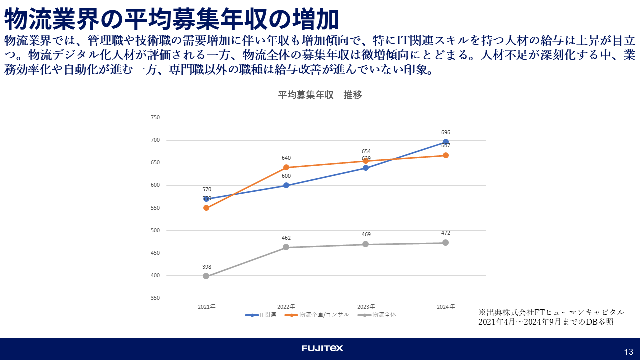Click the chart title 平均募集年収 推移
(x=320, y=95)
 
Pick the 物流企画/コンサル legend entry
(x=317, y=315)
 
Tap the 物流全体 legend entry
(x=379, y=315)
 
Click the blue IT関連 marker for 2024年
(x=445, y=142)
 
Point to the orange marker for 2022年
(x=286, y=167)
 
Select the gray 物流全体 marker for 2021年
(x=206, y=276)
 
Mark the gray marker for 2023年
(x=366, y=244)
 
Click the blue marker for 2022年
(x=286, y=185)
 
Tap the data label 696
(x=446, y=132)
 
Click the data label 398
(x=206, y=267)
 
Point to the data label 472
(x=446, y=233)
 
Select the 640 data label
(x=286, y=158)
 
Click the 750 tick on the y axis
(x=155, y=118)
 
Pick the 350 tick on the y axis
(x=155, y=298)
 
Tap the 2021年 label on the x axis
(x=206, y=306)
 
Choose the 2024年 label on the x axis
(x=446, y=306)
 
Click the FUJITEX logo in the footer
(x=322, y=348)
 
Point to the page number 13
(x=628, y=352)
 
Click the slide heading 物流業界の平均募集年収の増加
(x=172, y=20)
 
